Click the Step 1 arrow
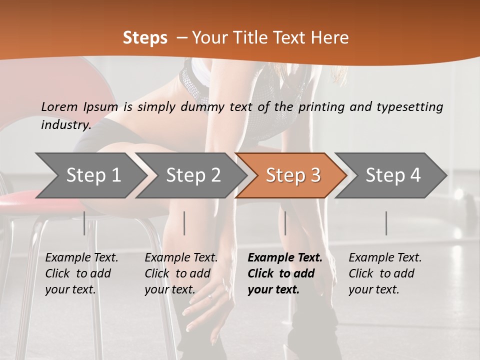click(93, 175)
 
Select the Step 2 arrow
click(193, 175)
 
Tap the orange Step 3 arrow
click(292, 175)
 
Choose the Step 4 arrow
click(392, 175)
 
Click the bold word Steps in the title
click(145, 38)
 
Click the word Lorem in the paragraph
click(59, 106)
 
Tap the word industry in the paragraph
click(65, 124)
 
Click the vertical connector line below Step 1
click(84, 223)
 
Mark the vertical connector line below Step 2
click(184, 223)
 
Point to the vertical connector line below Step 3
click(285, 223)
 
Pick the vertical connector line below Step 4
click(386, 223)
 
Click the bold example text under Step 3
click(284, 273)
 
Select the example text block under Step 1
click(81, 273)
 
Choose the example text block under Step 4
click(385, 273)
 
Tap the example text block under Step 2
click(181, 273)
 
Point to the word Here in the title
click(332, 38)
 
